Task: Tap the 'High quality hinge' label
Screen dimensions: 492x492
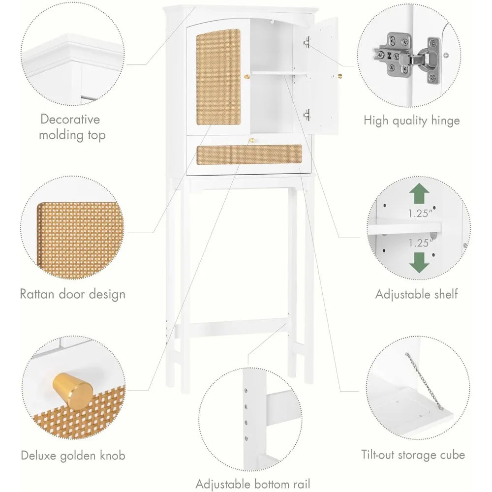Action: click(411, 121)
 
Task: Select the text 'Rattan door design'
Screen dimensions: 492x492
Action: click(72, 294)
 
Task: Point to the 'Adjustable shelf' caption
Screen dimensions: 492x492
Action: click(416, 294)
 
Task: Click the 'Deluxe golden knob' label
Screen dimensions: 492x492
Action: click(73, 455)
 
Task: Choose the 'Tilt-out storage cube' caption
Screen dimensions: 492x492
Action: click(412, 455)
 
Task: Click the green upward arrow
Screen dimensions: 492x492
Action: click(418, 195)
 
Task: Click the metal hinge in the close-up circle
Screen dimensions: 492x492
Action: click(406, 57)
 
